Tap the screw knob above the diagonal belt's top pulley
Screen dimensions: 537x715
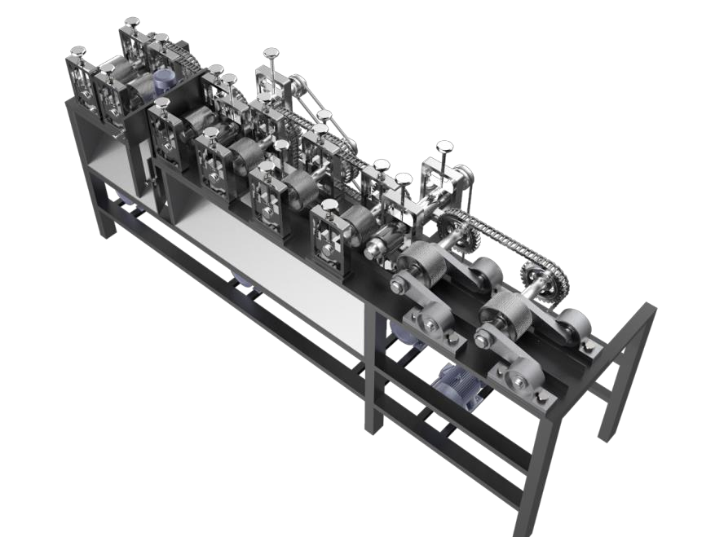[x=270, y=55]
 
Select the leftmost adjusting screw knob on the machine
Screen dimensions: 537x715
[x=78, y=52]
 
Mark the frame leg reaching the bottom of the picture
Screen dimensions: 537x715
[x=538, y=481]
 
